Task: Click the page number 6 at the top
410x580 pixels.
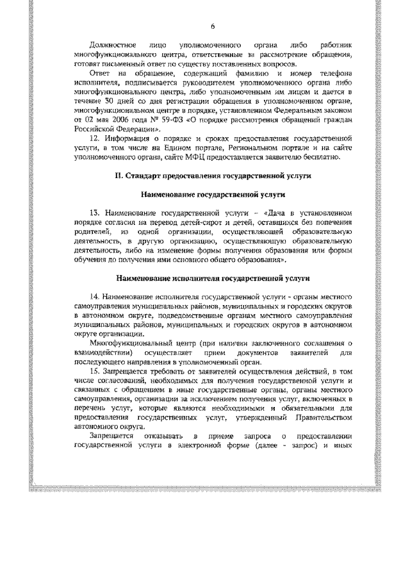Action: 212,25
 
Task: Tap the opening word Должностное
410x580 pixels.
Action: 113,47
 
